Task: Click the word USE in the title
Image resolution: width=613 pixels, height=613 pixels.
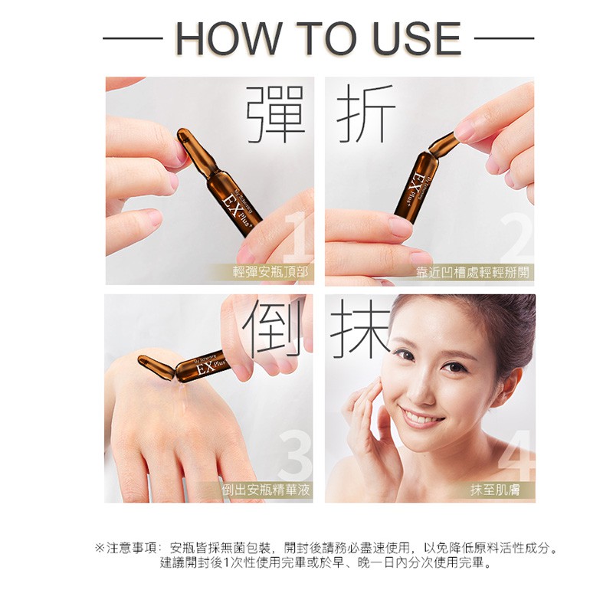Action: point(417,38)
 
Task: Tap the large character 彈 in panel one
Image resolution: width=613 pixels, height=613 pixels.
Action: point(275,113)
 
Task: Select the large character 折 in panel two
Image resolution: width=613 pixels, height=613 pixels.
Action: point(366,113)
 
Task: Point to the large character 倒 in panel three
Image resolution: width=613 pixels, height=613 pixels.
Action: point(273,329)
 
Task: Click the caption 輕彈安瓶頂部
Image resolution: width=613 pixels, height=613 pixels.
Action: point(270,272)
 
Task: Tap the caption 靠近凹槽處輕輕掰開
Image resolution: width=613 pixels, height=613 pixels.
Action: point(472,272)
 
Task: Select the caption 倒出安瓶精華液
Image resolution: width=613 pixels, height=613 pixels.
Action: point(266,490)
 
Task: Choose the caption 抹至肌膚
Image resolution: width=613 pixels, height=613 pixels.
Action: point(495,490)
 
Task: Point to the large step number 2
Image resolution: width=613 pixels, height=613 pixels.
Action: point(516,238)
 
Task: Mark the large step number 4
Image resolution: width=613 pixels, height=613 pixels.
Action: point(516,455)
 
